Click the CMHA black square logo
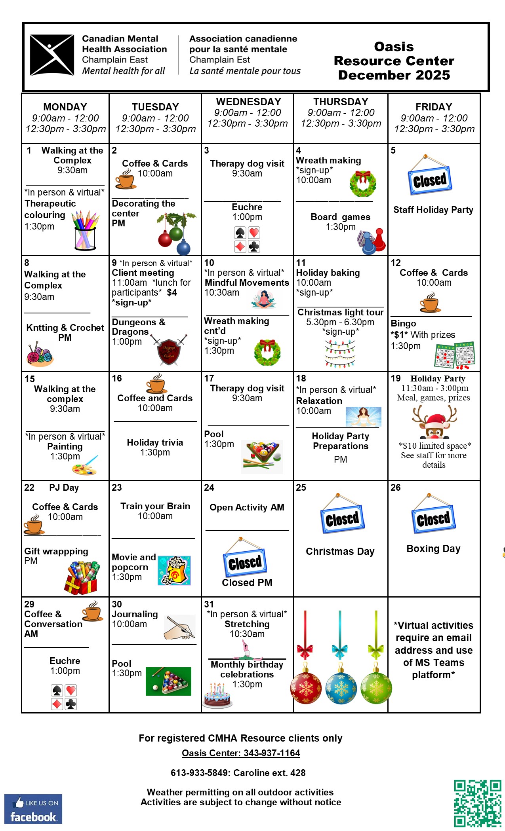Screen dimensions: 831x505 point(52,55)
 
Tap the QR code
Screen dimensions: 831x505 point(477,803)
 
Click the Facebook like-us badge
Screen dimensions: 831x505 point(33,809)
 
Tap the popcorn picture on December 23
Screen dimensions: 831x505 point(174,570)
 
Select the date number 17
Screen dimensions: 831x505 point(209,378)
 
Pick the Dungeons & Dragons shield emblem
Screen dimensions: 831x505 point(169,350)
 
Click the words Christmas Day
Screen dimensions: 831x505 point(340,551)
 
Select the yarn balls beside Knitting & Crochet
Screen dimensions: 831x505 point(39,353)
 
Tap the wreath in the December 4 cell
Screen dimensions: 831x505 point(363,184)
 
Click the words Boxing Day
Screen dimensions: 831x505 point(433,548)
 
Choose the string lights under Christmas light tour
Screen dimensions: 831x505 point(340,353)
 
